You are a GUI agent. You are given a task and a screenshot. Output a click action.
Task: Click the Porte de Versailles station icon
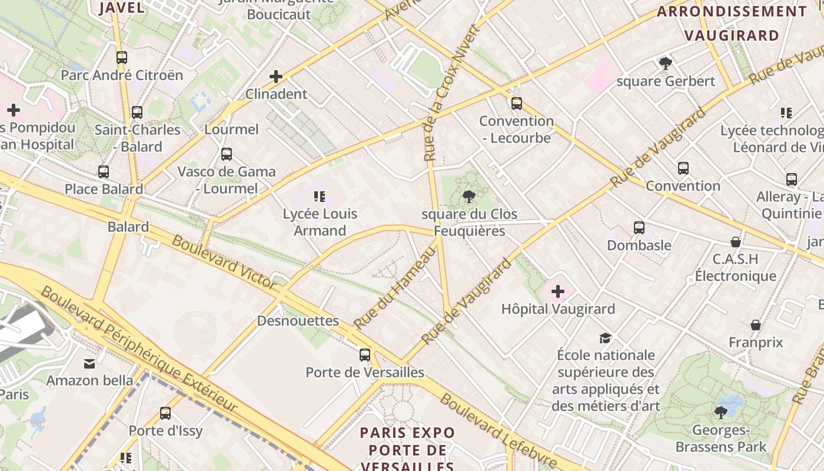pos(365,355)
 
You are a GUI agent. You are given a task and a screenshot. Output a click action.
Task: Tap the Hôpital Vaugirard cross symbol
pos(557,291)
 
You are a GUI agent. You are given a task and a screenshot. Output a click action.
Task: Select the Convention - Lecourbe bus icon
pos(516,104)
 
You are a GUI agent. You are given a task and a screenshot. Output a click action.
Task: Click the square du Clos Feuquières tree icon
pos(469,196)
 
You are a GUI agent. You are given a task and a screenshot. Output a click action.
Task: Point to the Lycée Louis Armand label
pos(320,222)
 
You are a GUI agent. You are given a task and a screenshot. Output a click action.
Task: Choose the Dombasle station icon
pos(639,228)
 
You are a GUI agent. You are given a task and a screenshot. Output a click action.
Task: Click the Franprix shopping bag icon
pos(756,325)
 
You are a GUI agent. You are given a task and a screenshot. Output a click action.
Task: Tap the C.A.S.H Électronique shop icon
pos(735,242)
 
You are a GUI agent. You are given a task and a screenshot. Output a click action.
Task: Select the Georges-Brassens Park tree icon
pos(721,412)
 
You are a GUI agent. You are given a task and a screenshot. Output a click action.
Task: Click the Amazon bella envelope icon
pos(89,363)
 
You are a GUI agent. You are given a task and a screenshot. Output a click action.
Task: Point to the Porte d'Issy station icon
pos(165,413)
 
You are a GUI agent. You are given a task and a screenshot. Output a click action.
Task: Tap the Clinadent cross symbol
pos(275,77)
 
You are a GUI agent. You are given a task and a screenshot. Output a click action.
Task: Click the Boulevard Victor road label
pos(224,263)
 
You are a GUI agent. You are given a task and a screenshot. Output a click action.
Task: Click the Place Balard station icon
pos(104,172)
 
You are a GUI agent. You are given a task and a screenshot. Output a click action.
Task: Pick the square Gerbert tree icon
pos(666,64)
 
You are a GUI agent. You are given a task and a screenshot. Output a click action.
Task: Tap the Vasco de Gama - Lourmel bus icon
pos(227,154)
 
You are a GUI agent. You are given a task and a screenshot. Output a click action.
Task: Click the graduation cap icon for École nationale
pos(605,338)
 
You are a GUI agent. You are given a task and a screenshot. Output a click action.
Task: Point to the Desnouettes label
pos(298,321)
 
